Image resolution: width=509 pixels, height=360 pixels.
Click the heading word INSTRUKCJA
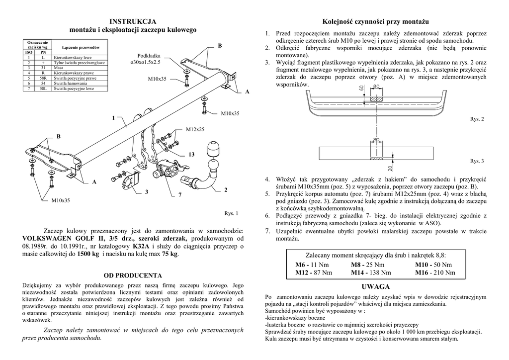(133, 21)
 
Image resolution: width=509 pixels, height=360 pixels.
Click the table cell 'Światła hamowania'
(67, 84)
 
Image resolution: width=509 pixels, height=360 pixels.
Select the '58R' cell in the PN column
(43, 79)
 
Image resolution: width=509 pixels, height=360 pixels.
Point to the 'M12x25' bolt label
(195, 129)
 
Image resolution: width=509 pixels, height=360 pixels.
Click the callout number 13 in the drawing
(191, 155)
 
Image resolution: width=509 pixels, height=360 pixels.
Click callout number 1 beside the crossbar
(113, 118)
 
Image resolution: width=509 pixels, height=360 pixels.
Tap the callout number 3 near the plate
(147, 192)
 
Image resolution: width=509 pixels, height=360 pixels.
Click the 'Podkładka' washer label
(148, 56)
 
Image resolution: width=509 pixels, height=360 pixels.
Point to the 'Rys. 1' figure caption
(231, 214)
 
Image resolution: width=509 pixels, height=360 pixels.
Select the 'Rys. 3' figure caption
(476, 161)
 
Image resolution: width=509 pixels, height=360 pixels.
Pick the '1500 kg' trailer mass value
(88, 254)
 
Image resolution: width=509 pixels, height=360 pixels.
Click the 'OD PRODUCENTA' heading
(133, 275)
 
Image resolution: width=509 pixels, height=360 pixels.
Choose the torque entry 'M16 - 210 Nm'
(435, 272)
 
